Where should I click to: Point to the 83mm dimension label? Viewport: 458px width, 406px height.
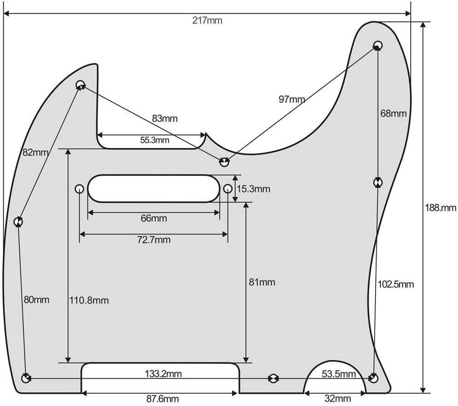click(x=165, y=119)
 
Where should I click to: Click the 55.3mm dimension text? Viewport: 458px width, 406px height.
click(x=155, y=141)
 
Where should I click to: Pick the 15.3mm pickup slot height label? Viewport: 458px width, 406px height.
click(x=253, y=189)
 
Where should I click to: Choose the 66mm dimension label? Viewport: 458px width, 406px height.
click(x=154, y=218)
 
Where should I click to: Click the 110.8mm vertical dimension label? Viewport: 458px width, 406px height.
click(x=89, y=301)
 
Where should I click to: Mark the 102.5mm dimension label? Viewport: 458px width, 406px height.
click(x=395, y=284)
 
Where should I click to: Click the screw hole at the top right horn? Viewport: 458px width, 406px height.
click(x=377, y=45)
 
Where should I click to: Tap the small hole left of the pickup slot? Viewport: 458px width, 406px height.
click(x=79, y=189)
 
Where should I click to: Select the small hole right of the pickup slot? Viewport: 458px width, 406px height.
click(x=228, y=189)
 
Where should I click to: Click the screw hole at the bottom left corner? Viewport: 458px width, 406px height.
click(x=26, y=378)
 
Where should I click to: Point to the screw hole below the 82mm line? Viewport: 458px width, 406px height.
click(x=18, y=222)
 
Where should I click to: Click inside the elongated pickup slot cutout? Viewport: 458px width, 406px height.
click(x=154, y=188)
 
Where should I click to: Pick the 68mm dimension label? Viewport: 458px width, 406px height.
click(x=394, y=113)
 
